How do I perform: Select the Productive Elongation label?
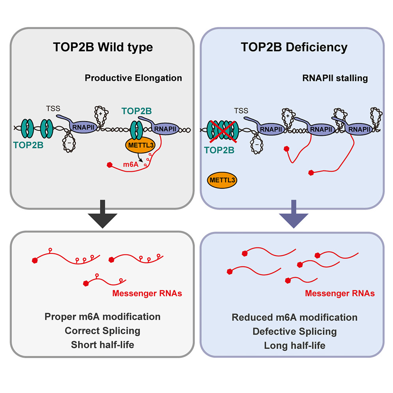[133, 78]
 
